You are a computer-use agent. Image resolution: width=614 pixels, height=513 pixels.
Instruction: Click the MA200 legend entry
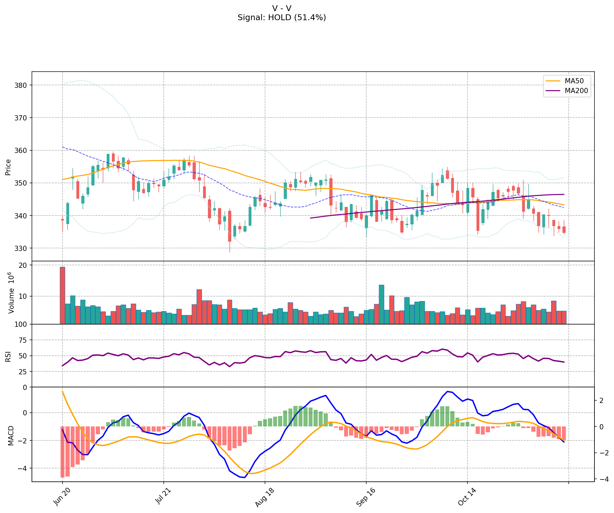tap(576, 91)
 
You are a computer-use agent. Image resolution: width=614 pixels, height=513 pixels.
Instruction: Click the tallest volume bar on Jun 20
tap(63, 295)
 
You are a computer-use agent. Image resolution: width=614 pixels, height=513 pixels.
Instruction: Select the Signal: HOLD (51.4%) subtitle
tap(282, 18)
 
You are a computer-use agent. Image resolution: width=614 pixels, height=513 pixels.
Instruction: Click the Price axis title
tap(8, 167)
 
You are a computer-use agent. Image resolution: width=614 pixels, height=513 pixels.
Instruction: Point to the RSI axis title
tap(8, 356)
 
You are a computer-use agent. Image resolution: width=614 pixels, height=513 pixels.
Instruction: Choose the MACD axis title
tap(11, 435)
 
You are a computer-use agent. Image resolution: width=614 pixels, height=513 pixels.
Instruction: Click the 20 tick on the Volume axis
tap(24, 265)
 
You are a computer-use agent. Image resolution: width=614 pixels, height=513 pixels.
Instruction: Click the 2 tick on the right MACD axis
tap(601, 400)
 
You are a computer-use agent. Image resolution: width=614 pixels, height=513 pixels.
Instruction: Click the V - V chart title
tap(282, 8)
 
